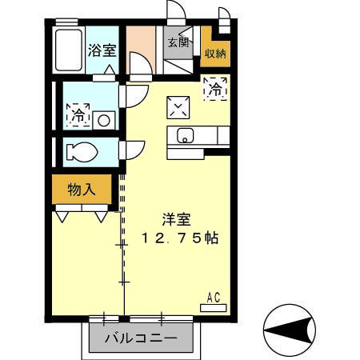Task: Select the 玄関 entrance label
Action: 178,43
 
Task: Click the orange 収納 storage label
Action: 214,54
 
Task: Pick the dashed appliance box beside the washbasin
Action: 78,114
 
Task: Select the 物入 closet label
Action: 82,190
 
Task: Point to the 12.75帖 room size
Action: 181,238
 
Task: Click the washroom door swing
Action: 131,95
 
